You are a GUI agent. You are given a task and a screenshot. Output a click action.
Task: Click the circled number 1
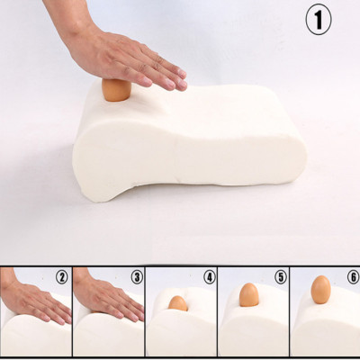pyautogui.click(x=319, y=20)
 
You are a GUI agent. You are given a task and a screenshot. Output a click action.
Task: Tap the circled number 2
pyautogui.click(x=62, y=277)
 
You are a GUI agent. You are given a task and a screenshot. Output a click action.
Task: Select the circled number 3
pyautogui.click(x=137, y=277)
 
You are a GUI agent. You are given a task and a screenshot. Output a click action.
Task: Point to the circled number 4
pyautogui.click(x=210, y=277)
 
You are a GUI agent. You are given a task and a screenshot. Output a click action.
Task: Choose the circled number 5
pyautogui.click(x=281, y=277)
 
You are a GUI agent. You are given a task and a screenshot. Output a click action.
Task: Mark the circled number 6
pyautogui.click(x=354, y=277)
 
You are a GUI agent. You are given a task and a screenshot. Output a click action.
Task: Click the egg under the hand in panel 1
pyautogui.click(x=116, y=90)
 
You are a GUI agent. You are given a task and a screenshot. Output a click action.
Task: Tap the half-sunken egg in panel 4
pyautogui.click(x=178, y=303)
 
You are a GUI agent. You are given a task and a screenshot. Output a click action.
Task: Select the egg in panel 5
pyautogui.click(x=249, y=295)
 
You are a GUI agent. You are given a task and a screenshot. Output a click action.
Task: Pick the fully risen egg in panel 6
pyautogui.click(x=320, y=290)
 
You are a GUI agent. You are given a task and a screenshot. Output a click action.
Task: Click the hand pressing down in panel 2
pyautogui.click(x=33, y=300)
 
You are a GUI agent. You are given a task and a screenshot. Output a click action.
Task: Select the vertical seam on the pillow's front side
pyautogui.click(x=176, y=162)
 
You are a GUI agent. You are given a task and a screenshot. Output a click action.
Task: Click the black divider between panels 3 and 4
pyautogui.click(x=145, y=311)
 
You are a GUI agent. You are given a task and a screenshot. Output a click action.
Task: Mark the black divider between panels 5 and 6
pyautogui.click(x=290, y=311)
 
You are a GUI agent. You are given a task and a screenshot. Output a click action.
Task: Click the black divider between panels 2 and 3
pyautogui.click(x=72, y=311)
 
